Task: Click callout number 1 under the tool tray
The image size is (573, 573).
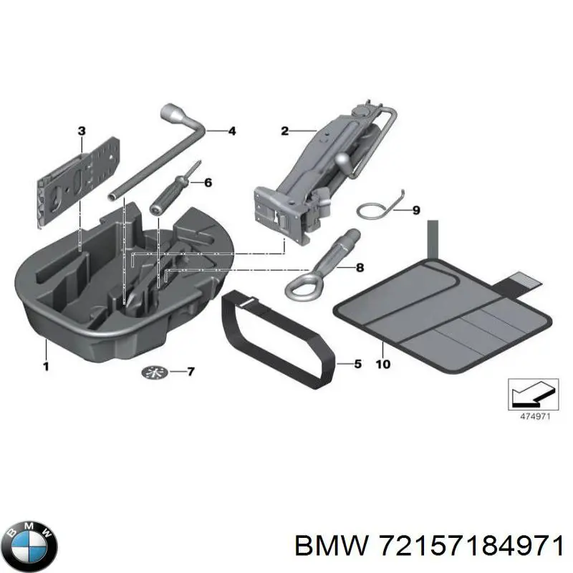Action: (x=45, y=366)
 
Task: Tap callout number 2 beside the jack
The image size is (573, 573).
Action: (x=284, y=130)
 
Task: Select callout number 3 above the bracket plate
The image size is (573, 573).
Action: (x=81, y=130)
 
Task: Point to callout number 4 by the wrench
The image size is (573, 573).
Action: (x=231, y=131)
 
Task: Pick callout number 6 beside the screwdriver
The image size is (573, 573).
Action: (x=208, y=183)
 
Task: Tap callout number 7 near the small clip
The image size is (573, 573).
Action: (x=190, y=372)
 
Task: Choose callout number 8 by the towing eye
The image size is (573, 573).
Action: (x=360, y=268)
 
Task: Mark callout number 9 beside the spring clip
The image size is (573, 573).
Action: (x=416, y=211)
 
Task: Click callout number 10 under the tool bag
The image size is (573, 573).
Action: (x=383, y=365)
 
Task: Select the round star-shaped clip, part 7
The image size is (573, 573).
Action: (x=154, y=372)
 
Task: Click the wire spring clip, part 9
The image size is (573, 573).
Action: (x=374, y=210)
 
